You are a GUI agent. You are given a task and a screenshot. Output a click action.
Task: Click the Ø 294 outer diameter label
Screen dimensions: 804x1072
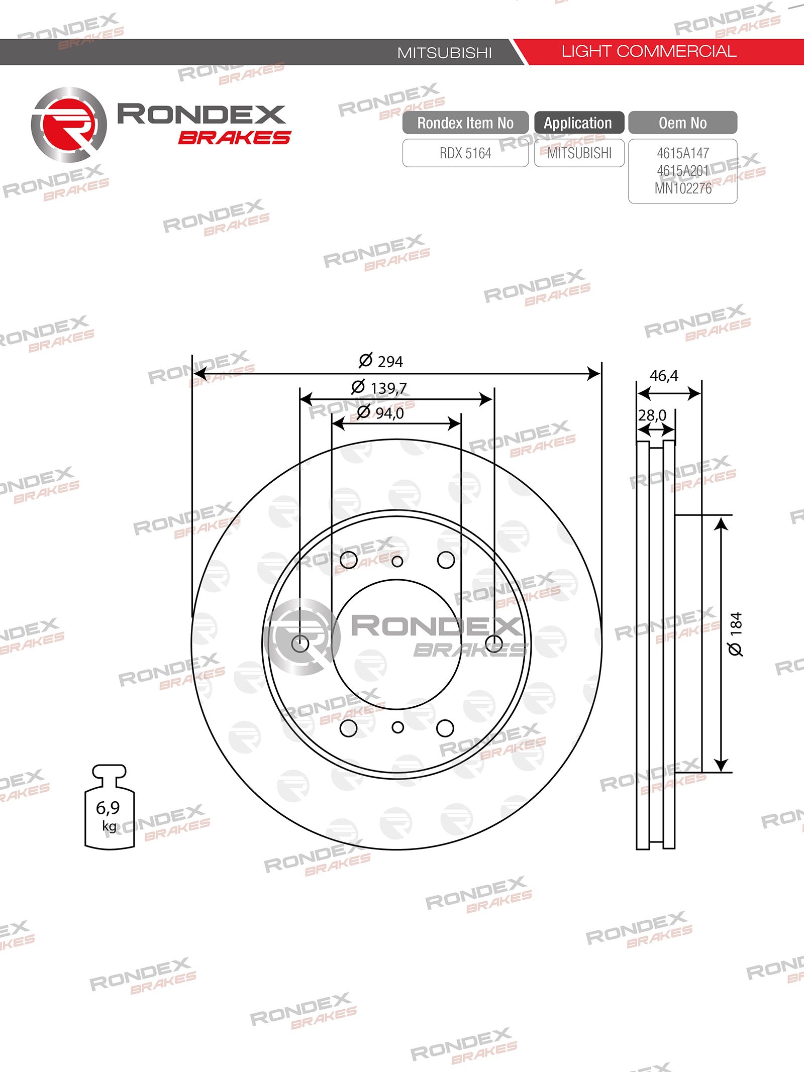click(381, 361)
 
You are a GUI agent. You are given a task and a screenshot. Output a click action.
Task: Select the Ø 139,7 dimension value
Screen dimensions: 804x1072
click(379, 387)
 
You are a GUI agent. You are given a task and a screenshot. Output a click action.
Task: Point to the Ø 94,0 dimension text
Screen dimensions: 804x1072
click(380, 413)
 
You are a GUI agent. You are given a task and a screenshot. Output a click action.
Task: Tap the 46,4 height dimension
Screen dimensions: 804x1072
click(664, 376)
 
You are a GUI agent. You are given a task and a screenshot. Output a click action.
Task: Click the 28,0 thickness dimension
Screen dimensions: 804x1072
click(652, 415)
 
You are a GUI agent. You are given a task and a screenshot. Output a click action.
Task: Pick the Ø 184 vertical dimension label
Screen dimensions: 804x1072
click(735, 633)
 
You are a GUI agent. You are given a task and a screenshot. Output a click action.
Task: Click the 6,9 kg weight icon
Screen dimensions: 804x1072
click(110, 807)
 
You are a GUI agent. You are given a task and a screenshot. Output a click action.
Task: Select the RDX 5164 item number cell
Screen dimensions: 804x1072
click(465, 153)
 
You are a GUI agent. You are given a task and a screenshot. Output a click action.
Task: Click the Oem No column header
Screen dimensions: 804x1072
click(683, 123)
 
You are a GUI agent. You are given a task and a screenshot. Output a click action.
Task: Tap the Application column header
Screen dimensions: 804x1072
click(579, 123)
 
